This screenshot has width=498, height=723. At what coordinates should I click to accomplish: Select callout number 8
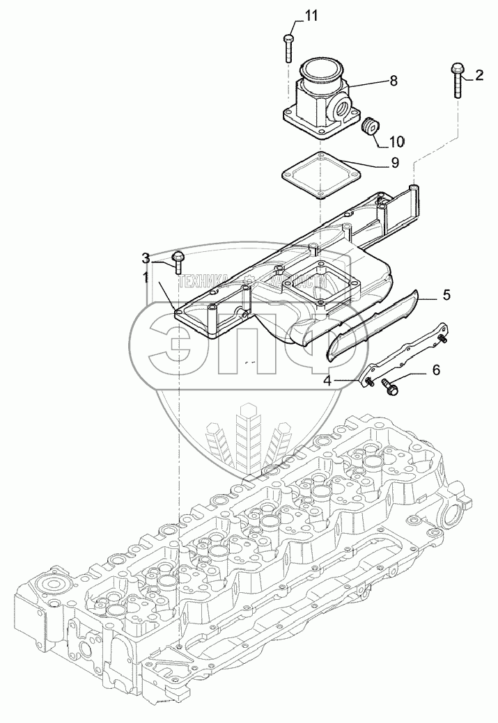point(394,81)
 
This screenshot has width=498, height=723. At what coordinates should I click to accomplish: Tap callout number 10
point(396,142)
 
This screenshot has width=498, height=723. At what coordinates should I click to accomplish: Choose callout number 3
point(146,258)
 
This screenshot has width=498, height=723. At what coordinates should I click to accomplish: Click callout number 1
point(146,277)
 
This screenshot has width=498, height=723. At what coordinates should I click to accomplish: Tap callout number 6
point(436,370)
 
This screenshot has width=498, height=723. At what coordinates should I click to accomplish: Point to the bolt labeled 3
point(178,262)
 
